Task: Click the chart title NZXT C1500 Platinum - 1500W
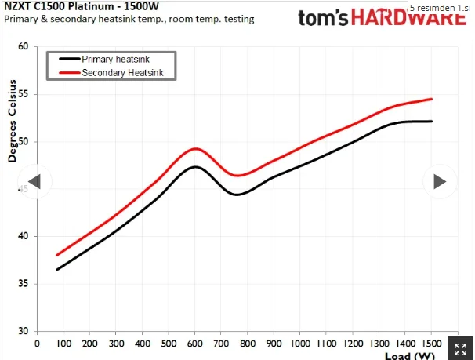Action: [82, 5]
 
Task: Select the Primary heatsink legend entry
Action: [104, 59]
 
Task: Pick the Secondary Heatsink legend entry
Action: [111, 73]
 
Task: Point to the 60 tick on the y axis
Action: [23, 46]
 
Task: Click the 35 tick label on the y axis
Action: [23, 284]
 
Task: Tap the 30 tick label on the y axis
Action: [23, 331]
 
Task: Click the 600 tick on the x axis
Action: [195, 344]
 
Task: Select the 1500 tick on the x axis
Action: [432, 344]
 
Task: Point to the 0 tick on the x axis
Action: [37, 344]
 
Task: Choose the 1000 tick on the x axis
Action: [300, 344]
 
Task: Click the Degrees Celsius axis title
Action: [12, 121]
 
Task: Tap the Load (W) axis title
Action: [410, 356]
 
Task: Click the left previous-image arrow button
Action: [34, 181]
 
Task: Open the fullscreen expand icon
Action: [460, 349]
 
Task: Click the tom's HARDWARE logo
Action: [383, 17]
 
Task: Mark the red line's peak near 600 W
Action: [195, 148]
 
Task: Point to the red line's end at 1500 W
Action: [431, 99]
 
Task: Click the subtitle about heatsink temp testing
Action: [129, 19]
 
